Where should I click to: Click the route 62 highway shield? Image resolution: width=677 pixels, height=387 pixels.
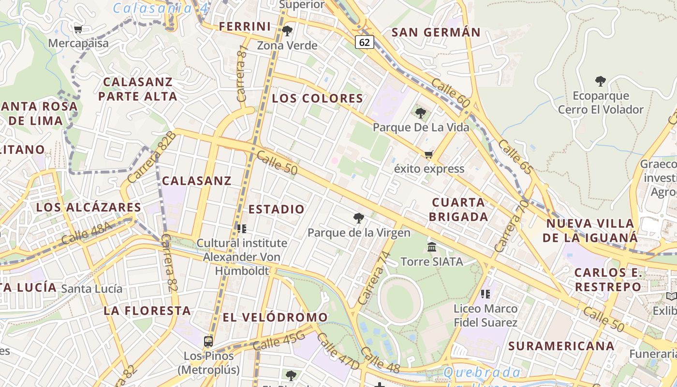coord(365,42)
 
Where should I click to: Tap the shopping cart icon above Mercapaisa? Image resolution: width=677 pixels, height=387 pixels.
coord(78,29)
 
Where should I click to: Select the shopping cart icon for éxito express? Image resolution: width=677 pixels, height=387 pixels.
coord(428,155)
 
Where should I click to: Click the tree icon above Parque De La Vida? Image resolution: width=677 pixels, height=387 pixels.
coord(421,113)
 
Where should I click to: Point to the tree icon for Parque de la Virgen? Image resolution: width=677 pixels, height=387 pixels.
coord(358,218)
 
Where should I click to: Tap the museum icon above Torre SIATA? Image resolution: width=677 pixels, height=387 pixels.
coord(432,247)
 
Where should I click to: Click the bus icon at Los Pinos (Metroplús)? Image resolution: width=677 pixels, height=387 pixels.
coord(208,342)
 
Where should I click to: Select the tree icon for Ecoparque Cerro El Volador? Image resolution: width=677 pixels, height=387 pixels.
coord(601,81)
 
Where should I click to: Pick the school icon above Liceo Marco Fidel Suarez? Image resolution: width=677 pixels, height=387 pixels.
coord(486,294)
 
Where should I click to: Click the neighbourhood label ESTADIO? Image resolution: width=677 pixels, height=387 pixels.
coord(277,209)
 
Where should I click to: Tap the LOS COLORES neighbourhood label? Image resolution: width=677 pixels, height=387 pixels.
coord(317,99)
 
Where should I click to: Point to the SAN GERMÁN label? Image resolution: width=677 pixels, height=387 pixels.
coord(436,33)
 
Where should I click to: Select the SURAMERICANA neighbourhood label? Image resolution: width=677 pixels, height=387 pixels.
coord(561,346)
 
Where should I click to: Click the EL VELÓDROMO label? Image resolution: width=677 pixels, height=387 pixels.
coord(275,317)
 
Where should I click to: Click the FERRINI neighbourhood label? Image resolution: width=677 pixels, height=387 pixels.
coord(245,27)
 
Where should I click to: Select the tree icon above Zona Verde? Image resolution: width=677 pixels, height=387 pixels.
coord(287,31)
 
